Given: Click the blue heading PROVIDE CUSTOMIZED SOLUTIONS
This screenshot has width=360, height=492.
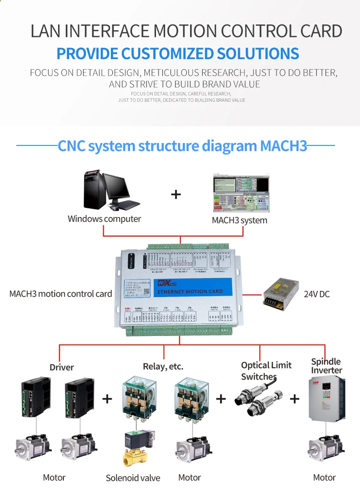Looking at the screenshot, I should [x=178, y=53].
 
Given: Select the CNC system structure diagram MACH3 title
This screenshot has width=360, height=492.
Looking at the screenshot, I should [x=182, y=145].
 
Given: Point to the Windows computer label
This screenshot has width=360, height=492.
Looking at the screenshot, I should [x=104, y=219].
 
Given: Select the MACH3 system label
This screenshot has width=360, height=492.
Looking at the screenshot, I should [x=240, y=220].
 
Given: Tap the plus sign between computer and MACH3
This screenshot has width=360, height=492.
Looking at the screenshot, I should [x=176, y=194].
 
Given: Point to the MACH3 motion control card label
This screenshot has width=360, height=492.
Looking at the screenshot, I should [x=60, y=294].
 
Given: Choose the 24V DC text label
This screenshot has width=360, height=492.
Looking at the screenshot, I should [x=317, y=294].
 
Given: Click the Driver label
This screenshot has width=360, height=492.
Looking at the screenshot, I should [x=62, y=367].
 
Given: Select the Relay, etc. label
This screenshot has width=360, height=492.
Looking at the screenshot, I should [x=163, y=367].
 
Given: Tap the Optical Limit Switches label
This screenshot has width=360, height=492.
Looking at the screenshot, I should [x=266, y=371].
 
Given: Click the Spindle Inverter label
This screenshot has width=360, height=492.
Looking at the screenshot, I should [x=326, y=366].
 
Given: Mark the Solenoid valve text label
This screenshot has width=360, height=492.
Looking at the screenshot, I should [x=133, y=478].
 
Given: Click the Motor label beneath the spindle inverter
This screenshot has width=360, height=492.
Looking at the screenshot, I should [x=324, y=477].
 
